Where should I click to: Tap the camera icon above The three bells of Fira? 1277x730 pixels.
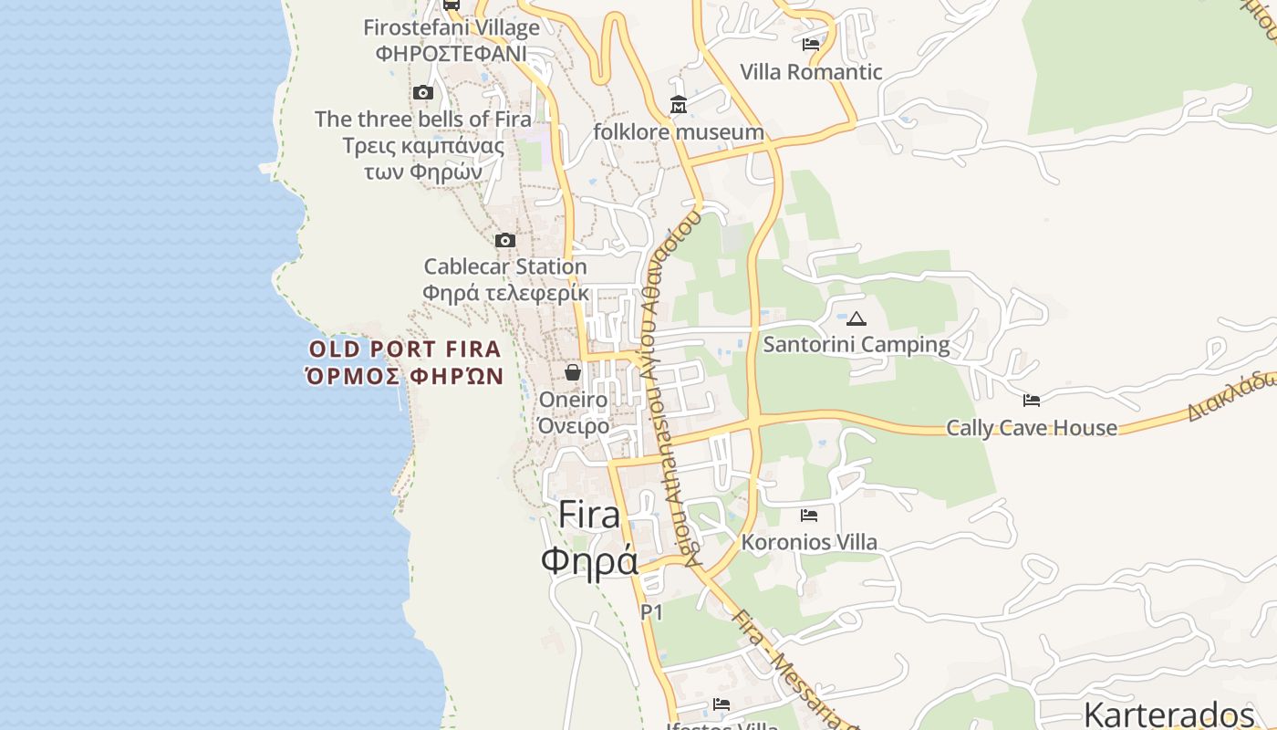423,92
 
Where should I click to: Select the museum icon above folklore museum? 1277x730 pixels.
679,105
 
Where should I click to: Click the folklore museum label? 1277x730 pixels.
679,132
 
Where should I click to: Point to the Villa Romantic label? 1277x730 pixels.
811,72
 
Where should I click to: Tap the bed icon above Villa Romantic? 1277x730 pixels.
811,44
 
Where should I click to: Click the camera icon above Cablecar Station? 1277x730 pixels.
505,240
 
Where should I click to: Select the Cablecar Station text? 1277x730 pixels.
505,267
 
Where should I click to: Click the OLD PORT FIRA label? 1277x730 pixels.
405,349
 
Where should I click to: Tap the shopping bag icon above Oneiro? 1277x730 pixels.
573,371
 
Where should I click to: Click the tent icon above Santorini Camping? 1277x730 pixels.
856,318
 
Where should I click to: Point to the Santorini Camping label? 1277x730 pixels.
857,345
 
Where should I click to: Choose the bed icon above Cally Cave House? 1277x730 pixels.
1032,400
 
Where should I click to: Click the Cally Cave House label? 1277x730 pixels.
1032,428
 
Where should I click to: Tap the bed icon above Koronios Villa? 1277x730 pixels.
809,515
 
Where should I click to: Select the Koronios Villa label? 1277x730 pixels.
809,543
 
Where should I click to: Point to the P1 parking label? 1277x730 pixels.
651,612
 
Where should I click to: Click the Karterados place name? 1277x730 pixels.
1169,714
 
